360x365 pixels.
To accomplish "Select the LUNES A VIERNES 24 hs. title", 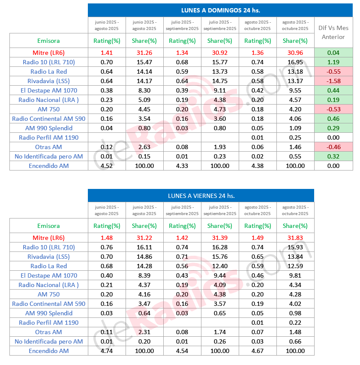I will click(201, 196).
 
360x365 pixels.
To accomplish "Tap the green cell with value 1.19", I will click(333, 62).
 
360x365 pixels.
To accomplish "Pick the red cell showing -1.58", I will click(333, 81).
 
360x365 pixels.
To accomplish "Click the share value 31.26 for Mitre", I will click(144, 53).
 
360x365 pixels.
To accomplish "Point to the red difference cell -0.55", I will click(333, 72).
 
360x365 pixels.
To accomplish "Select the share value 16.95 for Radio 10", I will click(295, 62).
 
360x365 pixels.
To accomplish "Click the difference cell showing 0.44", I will click(333, 90).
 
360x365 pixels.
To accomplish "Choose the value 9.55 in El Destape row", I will click(295, 90).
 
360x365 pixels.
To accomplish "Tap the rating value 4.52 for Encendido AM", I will click(106, 166).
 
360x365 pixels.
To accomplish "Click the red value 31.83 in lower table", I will click(295, 238).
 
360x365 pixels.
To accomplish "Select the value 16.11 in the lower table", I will click(144, 247).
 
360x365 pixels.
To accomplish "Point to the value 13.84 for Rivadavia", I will click(295, 257).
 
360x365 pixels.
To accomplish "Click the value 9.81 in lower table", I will click(295, 275).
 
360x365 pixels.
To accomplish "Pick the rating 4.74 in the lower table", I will click(106, 351).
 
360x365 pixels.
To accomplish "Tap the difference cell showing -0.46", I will click(333, 147).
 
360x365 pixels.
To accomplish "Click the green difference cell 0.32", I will click(333, 156).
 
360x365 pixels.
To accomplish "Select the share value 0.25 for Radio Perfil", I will click(295, 138).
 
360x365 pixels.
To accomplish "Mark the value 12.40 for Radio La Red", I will click(220, 266).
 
